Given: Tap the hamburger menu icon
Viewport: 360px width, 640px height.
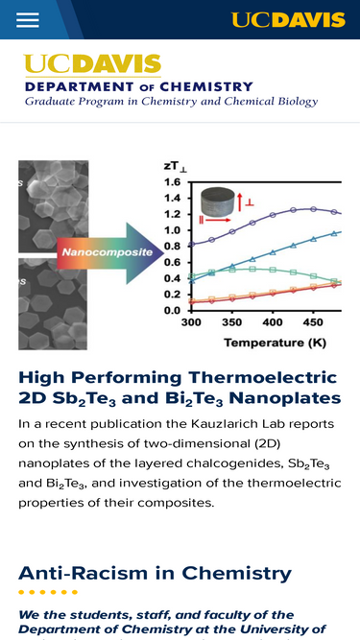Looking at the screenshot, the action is (28, 19).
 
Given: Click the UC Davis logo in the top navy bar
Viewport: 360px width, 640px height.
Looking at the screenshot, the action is (288, 19).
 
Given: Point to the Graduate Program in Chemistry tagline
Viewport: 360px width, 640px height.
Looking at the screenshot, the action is (172, 101).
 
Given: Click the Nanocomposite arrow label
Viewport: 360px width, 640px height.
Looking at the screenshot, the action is (108, 252).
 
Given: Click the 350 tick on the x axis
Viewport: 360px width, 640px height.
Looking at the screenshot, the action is (231, 322).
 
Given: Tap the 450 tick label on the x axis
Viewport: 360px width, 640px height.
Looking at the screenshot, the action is (313, 322).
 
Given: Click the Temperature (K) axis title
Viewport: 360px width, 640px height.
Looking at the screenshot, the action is (276, 343).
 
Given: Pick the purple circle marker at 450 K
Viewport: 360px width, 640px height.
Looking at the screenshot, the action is (313, 209).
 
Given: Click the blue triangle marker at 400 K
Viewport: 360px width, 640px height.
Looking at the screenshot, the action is (273, 252).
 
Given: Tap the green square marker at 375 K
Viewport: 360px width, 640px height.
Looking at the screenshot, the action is (252, 269).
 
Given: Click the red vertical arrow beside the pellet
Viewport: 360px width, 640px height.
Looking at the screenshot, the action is (240, 200).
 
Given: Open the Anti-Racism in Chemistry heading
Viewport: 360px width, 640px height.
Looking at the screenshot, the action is (156, 573).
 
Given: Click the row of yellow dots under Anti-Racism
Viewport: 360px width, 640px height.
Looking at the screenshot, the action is (48, 592).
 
